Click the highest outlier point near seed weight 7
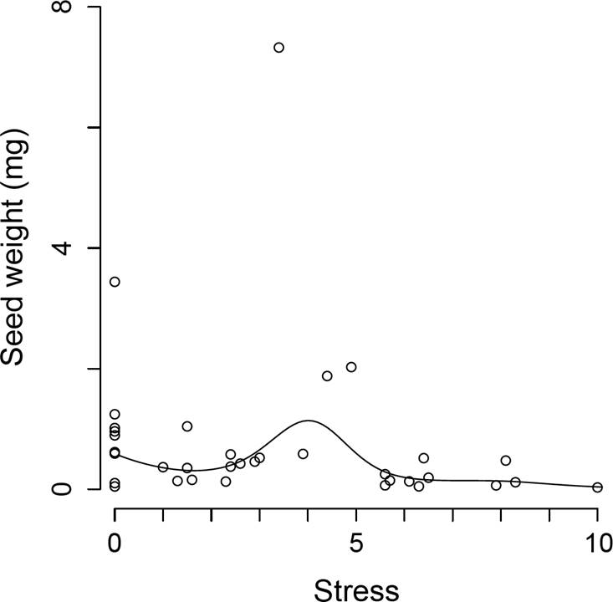pyautogui.click(x=278, y=48)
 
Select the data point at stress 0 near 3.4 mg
pyautogui.click(x=115, y=282)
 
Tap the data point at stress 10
pyautogui.click(x=597, y=487)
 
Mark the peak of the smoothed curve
pyautogui.click(x=309, y=421)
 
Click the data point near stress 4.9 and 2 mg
pyautogui.click(x=351, y=367)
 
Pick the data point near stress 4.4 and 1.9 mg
pyautogui.click(x=327, y=376)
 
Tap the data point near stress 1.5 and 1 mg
pyautogui.click(x=187, y=426)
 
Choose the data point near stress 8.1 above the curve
pyautogui.click(x=506, y=461)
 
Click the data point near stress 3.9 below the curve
pyautogui.click(x=303, y=454)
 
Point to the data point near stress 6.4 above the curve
pyautogui.click(x=424, y=458)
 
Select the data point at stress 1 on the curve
pyautogui.click(x=163, y=467)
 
